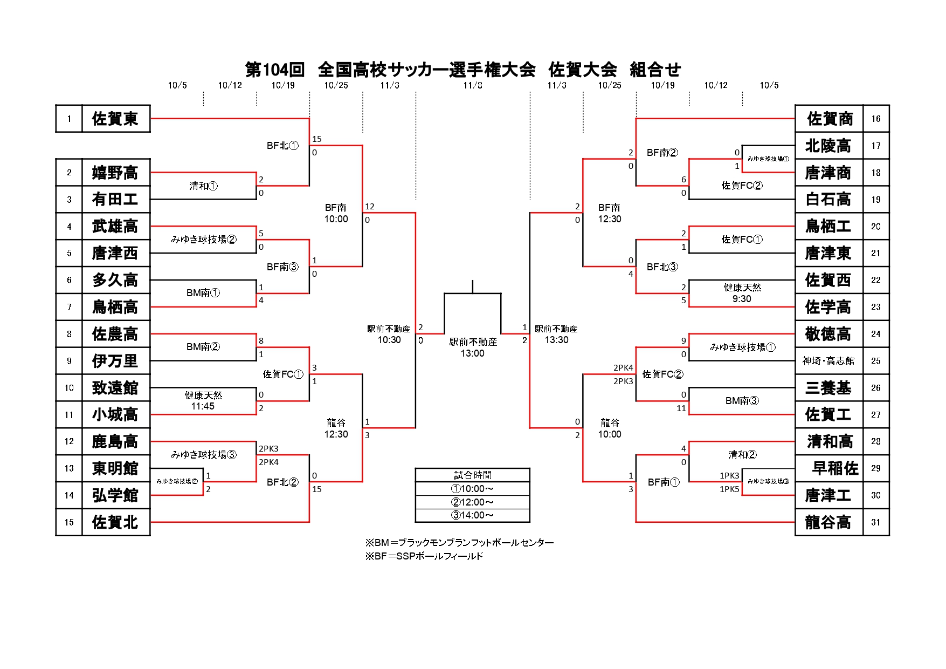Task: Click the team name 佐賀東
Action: [115, 119]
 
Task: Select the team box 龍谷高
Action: [828, 522]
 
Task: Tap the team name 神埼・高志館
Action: [828, 361]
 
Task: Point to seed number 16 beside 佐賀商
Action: [876, 119]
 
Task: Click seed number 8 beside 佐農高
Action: [69, 334]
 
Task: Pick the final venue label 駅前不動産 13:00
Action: [473, 347]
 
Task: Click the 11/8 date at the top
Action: [473, 85]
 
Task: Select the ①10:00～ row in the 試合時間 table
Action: [472, 489]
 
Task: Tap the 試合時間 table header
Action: [472, 475]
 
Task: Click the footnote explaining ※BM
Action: [459, 543]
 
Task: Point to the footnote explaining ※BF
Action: [424, 556]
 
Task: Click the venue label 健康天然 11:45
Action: [203, 401]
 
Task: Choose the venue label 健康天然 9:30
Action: [742, 293]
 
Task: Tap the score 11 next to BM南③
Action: [681, 408]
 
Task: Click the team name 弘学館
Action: [115, 495]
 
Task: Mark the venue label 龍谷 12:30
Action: [336, 428]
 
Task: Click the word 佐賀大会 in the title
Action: [583, 70]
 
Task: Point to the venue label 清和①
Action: [203, 186]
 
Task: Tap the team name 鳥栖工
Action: [828, 227]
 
